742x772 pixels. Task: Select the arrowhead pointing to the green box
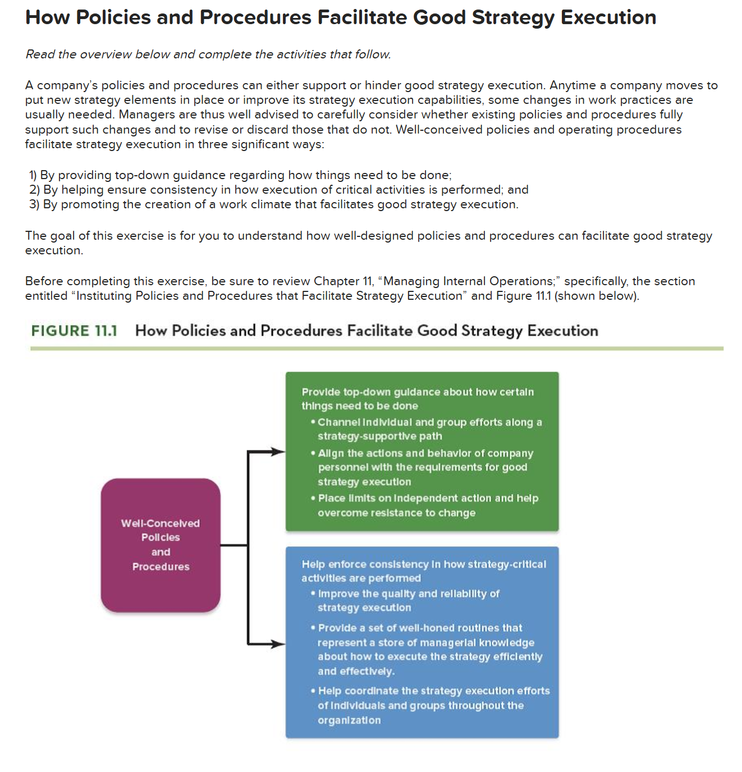click(278, 451)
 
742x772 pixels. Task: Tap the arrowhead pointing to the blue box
click(278, 643)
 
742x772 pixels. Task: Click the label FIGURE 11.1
click(74, 331)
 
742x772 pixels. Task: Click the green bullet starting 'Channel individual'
click(429, 429)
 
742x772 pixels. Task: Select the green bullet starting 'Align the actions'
click(425, 467)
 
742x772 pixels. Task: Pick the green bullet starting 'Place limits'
click(428, 505)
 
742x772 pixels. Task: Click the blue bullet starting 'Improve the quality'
click(408, 601)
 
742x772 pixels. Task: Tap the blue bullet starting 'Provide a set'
click(429, 649)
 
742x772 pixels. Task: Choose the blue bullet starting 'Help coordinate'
click(433, 705)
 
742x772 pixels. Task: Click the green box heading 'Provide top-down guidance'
click(417, 399)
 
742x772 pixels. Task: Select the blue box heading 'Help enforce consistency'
click(423, 571)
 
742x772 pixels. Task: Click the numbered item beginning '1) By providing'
click(240, 175)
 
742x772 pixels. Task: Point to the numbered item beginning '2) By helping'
click(279, 190)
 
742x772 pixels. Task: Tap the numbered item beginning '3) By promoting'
click(274, 204)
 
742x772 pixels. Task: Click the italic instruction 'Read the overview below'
click(208, 54)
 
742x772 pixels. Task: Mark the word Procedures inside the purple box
click(161, 567)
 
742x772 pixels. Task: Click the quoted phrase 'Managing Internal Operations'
click(469, 281)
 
